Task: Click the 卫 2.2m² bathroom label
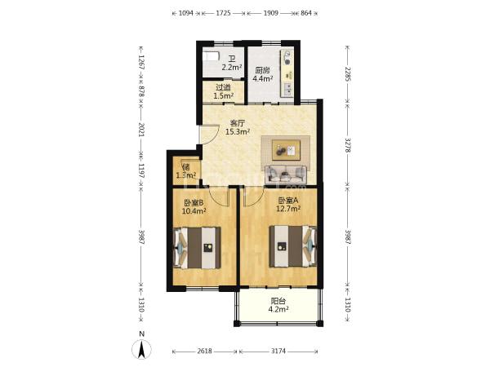232,64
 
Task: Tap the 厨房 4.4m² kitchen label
262,74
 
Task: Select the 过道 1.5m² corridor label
224,91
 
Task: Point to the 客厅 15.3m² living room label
238,127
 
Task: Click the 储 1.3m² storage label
186,171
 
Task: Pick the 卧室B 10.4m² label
194,207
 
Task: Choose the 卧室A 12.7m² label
288,205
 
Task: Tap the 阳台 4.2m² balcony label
278,305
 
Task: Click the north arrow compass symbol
142,348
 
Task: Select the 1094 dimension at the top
186,13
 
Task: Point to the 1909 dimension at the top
270,13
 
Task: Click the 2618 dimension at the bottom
204,351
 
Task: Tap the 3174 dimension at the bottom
278,351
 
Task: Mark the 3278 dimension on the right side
348,145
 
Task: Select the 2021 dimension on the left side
141,130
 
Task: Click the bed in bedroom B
197,248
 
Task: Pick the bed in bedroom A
293,246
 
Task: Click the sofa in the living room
286,175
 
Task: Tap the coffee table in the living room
286,150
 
